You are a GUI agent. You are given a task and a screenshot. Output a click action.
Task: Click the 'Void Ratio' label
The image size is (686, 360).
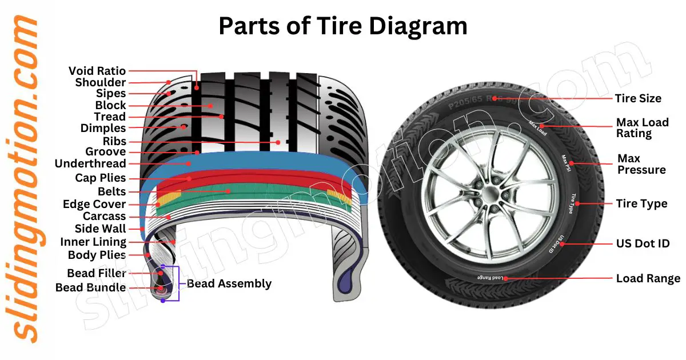[x=97, y=71]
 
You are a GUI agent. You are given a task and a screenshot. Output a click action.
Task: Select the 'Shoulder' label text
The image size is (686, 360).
[x=100, y=82]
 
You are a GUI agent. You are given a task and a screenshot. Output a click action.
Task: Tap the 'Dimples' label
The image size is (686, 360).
[x=103, y=128]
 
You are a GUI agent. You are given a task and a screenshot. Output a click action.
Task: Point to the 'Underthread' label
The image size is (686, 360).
[x=90, y=163]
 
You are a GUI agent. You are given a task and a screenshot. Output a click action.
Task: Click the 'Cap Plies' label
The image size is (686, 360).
[x=100, y=178]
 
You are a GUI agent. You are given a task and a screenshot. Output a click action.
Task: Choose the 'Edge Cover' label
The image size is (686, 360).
[x=94, y=204]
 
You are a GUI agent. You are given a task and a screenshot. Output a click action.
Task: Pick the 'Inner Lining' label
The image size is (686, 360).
[x=93, y=242]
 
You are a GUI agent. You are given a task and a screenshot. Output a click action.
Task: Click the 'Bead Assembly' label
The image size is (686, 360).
[x=229, y=283]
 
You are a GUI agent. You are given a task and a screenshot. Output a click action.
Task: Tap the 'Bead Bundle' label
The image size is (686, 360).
[x=90, y=287]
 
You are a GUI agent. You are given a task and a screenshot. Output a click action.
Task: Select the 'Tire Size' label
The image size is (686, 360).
[x=638, y=98]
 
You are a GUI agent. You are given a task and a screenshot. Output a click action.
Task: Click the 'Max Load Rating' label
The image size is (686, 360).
[x=641, y=128]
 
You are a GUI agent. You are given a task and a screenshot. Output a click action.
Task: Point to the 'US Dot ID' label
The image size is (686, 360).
[x=642, y=244]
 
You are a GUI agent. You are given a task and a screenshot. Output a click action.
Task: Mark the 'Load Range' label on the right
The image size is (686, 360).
[x=648, y=279]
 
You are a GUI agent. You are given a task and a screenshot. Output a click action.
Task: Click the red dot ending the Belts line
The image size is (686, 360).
[x=228, y=191]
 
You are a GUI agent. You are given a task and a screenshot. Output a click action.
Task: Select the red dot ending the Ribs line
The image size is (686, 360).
[x=278, y=142]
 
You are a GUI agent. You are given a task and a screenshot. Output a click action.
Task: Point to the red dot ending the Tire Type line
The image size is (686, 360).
[x=584, y=203]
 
